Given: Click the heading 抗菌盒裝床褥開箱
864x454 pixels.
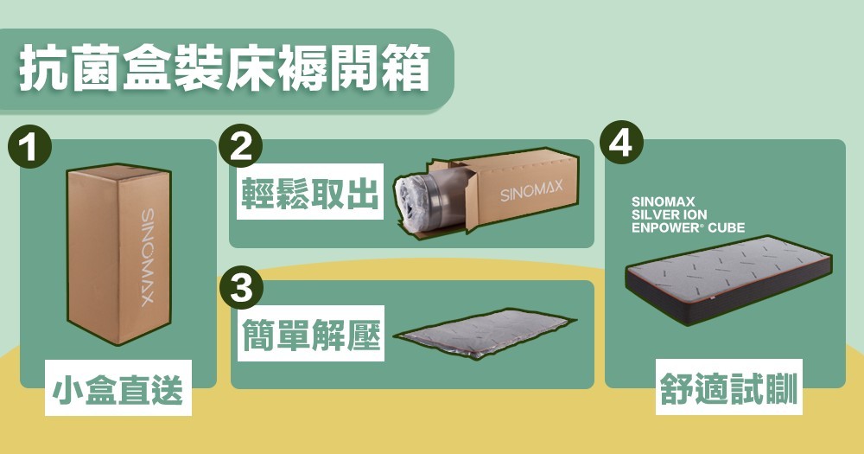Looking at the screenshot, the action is point(225,70).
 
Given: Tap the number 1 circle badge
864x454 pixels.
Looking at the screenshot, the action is point(29,148).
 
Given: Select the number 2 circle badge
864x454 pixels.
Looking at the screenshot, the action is point(240,146).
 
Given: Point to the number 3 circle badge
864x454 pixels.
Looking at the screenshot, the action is point(241,287).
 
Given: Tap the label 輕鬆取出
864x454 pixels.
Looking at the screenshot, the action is point(310,192).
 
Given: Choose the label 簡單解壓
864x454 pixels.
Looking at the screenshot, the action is point(311,334).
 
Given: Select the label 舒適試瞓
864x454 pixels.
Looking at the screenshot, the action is point(729,387).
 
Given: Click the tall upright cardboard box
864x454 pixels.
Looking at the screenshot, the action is point(119,253).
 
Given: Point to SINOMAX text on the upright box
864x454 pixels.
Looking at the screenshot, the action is point(148,257).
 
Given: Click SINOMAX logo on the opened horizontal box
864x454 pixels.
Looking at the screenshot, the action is point(531,190).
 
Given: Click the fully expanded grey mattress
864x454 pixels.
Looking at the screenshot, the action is point(727,280).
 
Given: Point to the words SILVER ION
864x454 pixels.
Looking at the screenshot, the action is point(669,214).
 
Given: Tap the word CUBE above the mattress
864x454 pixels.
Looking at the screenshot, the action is point(726,227).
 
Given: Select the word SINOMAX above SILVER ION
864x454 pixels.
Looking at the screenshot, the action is point(663,201).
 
